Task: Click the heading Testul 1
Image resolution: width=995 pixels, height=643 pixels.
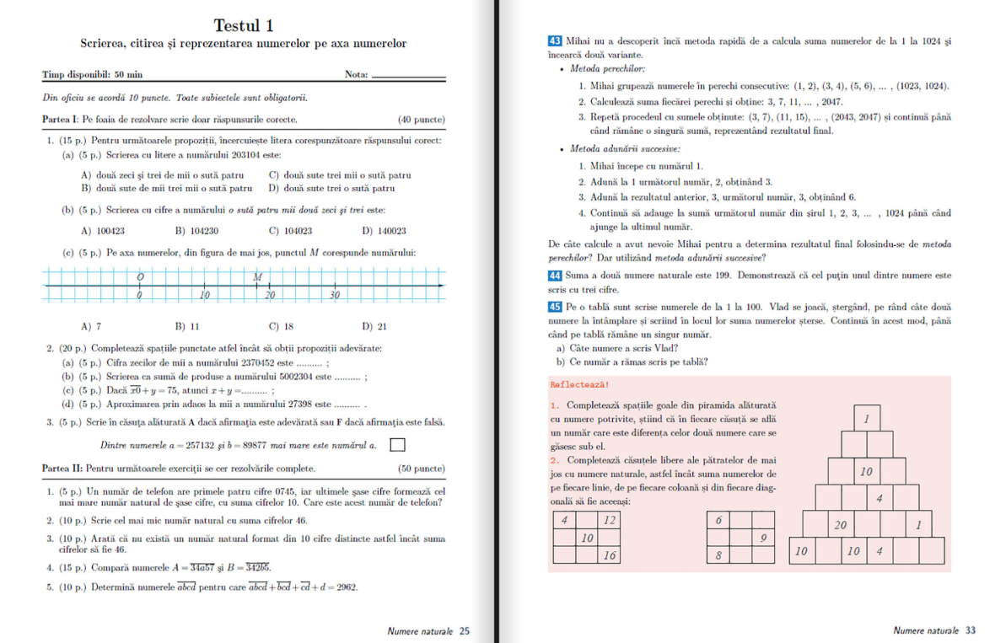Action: tap(243, 25)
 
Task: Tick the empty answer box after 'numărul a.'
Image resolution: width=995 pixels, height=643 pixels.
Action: tap(398, 444)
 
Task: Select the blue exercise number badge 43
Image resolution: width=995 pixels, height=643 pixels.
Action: tap(556, 40)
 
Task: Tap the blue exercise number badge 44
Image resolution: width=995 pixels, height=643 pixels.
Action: tap(556, 276)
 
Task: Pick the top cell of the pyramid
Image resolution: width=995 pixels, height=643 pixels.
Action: tap(867, 419)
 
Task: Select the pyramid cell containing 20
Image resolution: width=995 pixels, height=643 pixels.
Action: tap(840, 525)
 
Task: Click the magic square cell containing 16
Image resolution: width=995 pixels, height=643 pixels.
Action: tap(609, 555)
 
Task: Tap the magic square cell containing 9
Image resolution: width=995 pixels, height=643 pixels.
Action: tap(762, 538)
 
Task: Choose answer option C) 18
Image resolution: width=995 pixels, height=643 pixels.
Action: tap(281, 326)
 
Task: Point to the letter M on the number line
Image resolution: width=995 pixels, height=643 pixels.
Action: tap(256, 276)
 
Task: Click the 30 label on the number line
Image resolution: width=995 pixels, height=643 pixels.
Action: tap(334, 295)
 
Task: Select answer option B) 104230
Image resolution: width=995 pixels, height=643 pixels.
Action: tap(197, 230)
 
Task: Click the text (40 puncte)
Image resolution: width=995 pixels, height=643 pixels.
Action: tap(422, 120)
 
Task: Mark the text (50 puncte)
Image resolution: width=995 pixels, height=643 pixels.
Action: tap(422, 468)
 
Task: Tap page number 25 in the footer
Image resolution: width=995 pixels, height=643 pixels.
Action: tap(465, 630)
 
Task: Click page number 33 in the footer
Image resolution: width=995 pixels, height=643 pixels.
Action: tap(971, 630)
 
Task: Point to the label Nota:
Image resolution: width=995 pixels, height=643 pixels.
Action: tap(357, 75)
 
